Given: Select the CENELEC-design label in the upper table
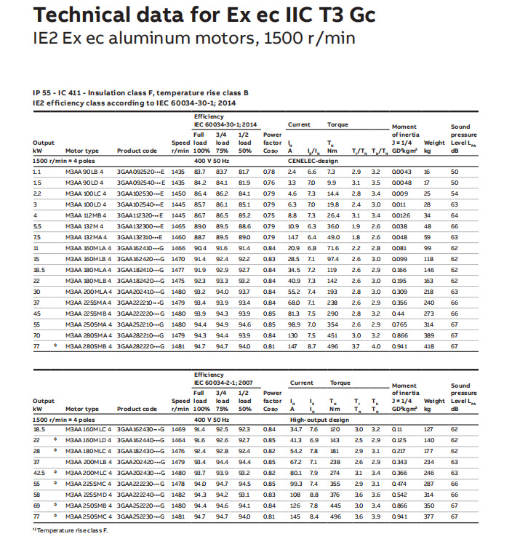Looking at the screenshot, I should pyautogui.click(x=313, y=159).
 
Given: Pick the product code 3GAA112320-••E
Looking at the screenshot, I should pyautogui.click(x=140, y=215).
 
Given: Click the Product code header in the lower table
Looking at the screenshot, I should pyautogui.click(x=137, y=409).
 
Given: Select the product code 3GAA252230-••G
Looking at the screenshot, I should pyautogui.click(x=140, y=516).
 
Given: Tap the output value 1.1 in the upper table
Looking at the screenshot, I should pyautogui.click(x=37, y=171).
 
